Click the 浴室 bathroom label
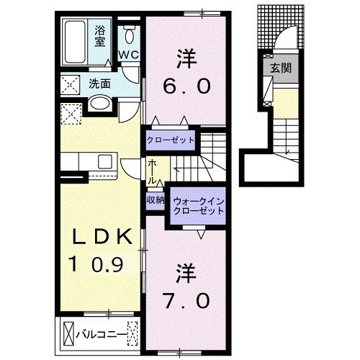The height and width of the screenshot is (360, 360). tap(101, 36)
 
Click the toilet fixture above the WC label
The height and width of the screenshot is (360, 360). tap(129, 34)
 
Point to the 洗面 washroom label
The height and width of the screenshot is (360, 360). tap(99, 84)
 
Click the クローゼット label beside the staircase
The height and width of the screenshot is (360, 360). tap(171, 139)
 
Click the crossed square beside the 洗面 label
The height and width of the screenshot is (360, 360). tap(72, 84)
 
